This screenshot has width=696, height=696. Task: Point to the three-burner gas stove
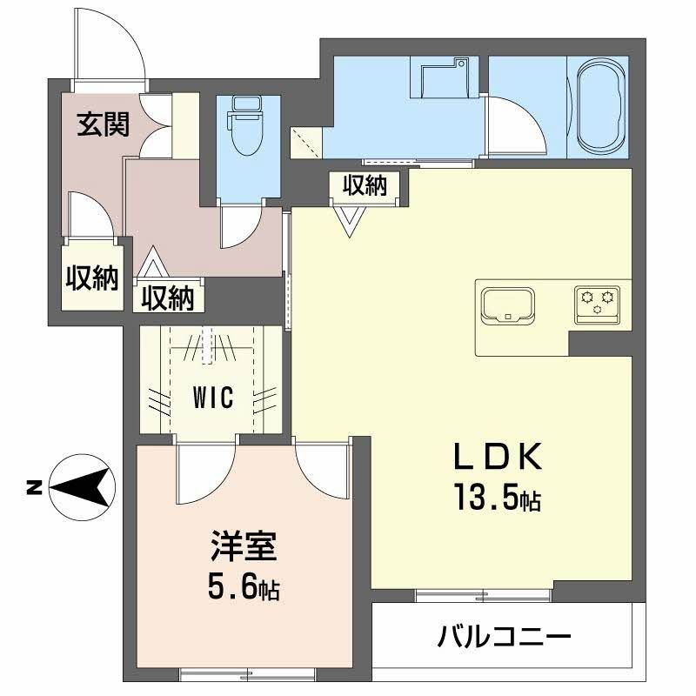[x=597, y=302]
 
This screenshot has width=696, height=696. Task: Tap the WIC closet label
[x=213, y=398]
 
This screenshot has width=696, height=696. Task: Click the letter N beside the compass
[x=33, y=487]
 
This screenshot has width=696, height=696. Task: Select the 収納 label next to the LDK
[x=364, y=185]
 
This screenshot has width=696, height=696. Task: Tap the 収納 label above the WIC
[x=168, y=298]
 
